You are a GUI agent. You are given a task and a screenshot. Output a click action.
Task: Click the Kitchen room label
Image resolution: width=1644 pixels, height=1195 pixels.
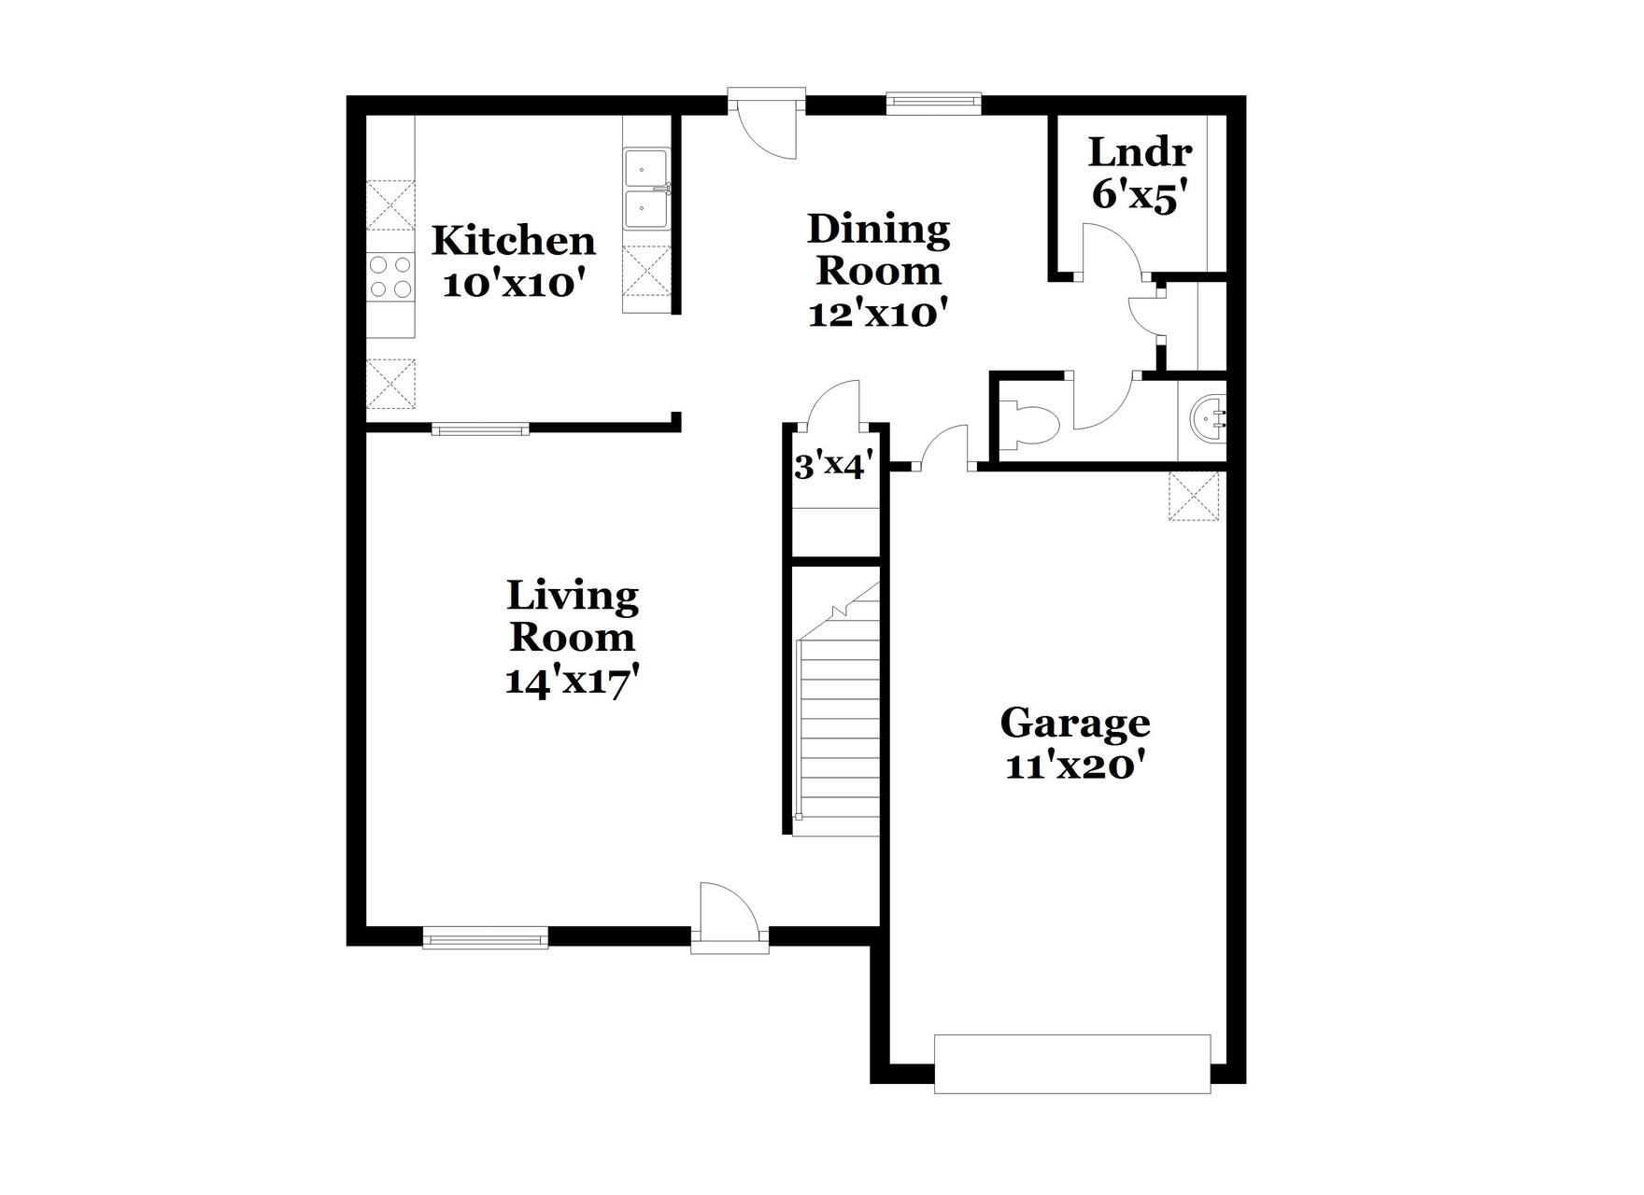(x=513, y=241)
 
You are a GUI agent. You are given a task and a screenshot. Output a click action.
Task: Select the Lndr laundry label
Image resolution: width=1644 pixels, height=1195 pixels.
(x=1140, y=151)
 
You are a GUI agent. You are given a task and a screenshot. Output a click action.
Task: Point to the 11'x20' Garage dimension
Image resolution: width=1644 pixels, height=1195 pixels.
(x=1075, y=766)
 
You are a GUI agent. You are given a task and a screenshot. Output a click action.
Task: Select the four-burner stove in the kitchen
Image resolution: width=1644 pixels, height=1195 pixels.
(x=390, y=276)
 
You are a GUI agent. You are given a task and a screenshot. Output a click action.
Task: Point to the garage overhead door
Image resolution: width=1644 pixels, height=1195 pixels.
(x=1072, y=1062)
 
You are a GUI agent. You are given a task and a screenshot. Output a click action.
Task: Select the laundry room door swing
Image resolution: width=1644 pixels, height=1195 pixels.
(x=1109, y=249)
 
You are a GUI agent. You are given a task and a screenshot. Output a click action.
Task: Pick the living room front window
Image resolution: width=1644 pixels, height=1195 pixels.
(x=485, y=937)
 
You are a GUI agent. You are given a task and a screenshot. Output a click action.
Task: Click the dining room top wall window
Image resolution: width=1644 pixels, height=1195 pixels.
(x=933, y=103)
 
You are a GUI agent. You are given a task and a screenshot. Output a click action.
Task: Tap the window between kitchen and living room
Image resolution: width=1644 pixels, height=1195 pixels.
(x=481, y=429)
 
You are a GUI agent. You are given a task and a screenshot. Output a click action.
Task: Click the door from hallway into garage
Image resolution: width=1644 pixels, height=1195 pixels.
(x=945, y=448)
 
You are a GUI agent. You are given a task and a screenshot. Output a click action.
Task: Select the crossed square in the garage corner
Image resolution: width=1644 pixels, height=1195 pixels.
(x=1194, y=496)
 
